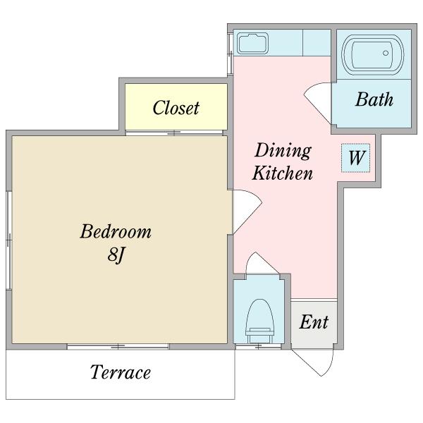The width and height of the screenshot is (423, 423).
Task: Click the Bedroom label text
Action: click(x=116, y=232)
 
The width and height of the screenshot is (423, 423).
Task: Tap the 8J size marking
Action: click(x=116, y=255)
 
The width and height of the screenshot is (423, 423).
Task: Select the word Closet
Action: click(x=176, y=108)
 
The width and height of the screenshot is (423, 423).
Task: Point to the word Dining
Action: click(x=283, y=152)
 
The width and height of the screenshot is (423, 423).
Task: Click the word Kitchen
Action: click(x=283, y=173)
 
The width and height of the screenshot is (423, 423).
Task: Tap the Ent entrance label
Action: click(x=314, y=322)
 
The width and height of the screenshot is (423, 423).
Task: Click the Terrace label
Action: click(x=121, y=372)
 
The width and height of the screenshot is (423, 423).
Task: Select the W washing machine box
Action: click(x=355, y=158)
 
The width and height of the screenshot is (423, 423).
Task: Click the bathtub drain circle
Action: click(x=386, y=53)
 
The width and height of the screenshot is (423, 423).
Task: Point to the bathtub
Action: click(x=373, y=55)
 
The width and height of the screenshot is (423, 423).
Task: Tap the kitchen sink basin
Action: click(x=253, y=43)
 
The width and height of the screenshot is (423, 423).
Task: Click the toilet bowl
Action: click(x=260, y=314)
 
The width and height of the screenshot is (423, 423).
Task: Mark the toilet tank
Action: click(x=259, y=336)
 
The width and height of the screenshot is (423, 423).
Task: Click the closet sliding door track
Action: click(x=174, y=133)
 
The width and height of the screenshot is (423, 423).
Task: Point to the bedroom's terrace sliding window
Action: click(x=118, y=347)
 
